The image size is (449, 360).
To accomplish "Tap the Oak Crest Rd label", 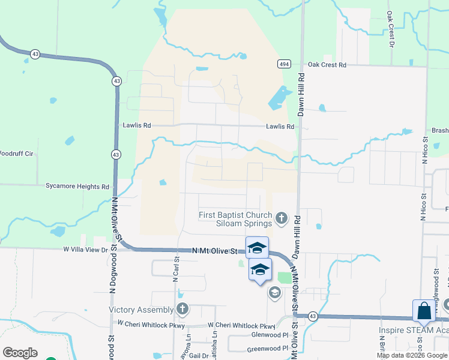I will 327,65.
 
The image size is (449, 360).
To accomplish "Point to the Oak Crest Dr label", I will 391,29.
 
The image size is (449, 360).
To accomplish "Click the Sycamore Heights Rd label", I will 77,187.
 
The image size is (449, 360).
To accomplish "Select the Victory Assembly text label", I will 142,310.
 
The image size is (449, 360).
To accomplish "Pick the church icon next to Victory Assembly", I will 182,310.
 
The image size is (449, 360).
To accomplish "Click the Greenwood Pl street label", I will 268,349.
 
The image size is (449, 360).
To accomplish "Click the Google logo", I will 20,353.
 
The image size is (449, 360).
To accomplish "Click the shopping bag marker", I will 423,311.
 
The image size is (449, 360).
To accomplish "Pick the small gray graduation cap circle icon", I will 274,293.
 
